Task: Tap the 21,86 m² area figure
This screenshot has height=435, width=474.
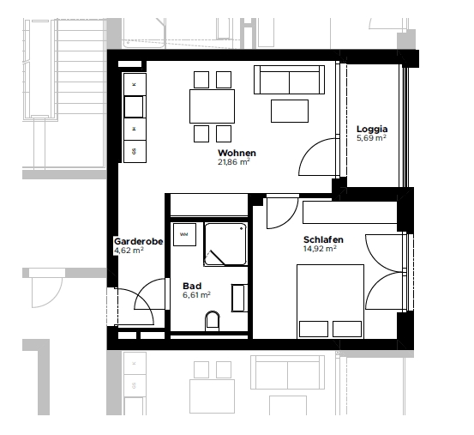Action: coord(233,161)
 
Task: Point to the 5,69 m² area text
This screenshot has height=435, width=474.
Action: coord(372,138)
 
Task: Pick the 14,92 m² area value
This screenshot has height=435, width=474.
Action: coord(320,249)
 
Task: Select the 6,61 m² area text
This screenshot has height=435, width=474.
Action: coord(195,294)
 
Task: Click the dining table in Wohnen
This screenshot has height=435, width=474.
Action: coord(212,107)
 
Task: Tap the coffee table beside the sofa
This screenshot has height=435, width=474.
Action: coord(290,111)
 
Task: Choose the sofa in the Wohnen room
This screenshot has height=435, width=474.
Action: coord(289,82)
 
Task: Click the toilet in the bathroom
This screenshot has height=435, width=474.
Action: coord(213,321)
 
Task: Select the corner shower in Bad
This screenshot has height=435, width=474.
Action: coord(225,245)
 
